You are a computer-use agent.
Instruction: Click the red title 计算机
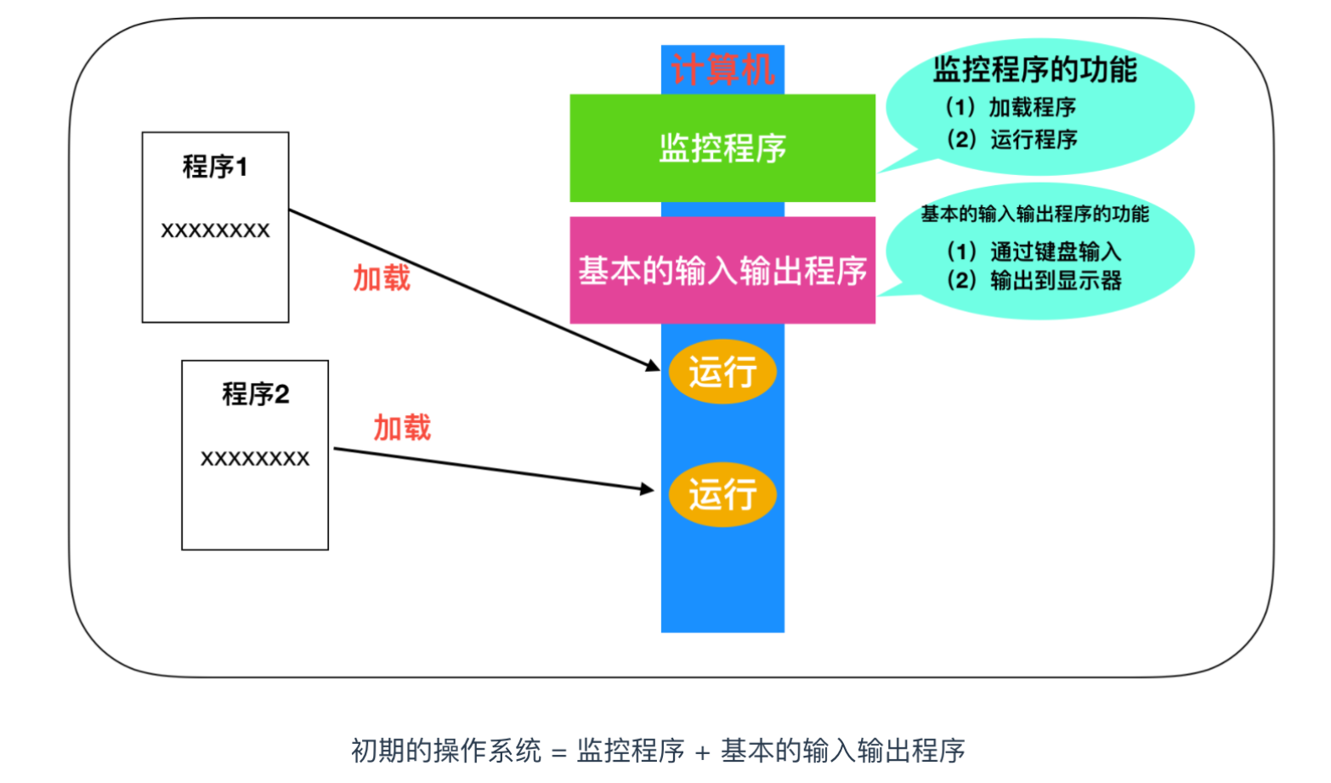722,70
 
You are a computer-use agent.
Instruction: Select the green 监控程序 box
722,148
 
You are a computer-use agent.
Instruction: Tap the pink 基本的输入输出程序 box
722,270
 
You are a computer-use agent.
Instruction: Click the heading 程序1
214,166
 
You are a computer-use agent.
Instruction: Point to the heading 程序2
256,394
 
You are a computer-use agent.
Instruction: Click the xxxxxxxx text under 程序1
215,230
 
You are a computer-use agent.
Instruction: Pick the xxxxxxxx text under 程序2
255,459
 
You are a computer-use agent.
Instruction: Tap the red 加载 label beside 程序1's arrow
382,279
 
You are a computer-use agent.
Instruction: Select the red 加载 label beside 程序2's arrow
402,428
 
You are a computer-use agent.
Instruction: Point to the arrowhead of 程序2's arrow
654,490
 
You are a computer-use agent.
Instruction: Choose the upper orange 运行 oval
722,372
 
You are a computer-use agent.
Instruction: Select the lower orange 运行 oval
722,494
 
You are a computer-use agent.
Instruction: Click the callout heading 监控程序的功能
1034,70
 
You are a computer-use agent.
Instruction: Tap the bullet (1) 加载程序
1011,108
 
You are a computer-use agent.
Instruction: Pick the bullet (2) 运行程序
1012,140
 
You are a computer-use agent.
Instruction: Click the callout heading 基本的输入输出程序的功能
1034,214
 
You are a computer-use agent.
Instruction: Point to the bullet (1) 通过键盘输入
1034,251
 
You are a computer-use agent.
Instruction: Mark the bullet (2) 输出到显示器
1034,280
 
